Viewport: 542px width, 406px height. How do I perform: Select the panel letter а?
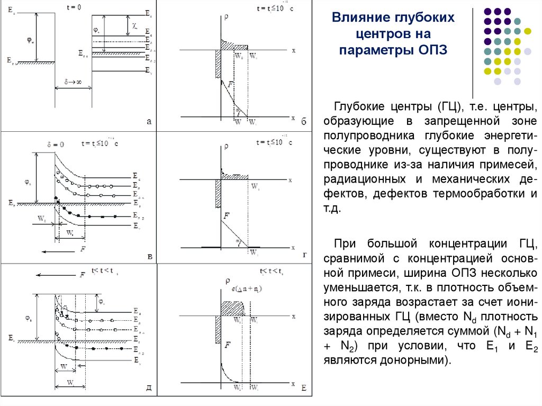[149, 122]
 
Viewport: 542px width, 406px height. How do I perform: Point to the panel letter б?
[304, 122]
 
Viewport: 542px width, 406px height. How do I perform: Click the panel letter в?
[150, 257]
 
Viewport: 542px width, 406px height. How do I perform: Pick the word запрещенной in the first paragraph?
[464, 122]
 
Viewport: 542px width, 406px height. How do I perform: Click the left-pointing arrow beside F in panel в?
[53, 252]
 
